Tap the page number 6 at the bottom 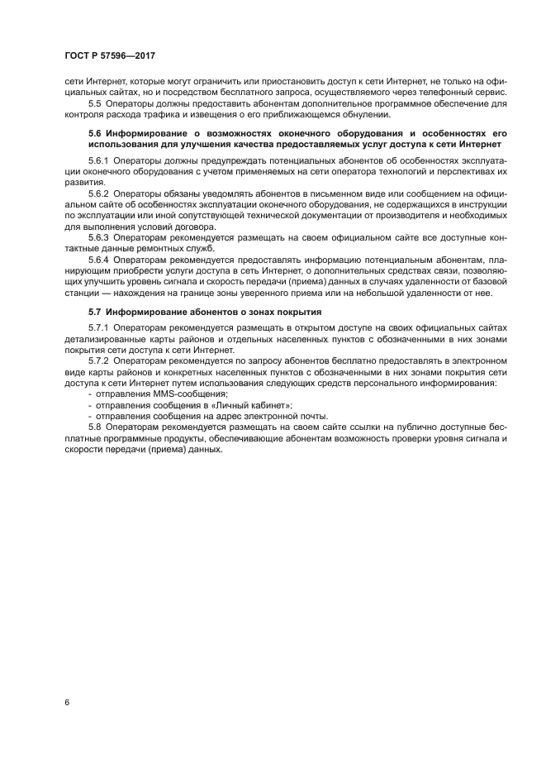[66, 702]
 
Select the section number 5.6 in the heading [97, 133]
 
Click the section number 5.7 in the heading [97, 312]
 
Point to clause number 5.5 [96, 103]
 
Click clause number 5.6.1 [100, 159]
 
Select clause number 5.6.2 [100, 193]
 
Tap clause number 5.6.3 [100, 237]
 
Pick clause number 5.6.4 [100, 260]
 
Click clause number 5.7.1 [100, 328]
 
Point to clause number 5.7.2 [100, 361]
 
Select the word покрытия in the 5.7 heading [298, 312]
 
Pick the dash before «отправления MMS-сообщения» [89, 394]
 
